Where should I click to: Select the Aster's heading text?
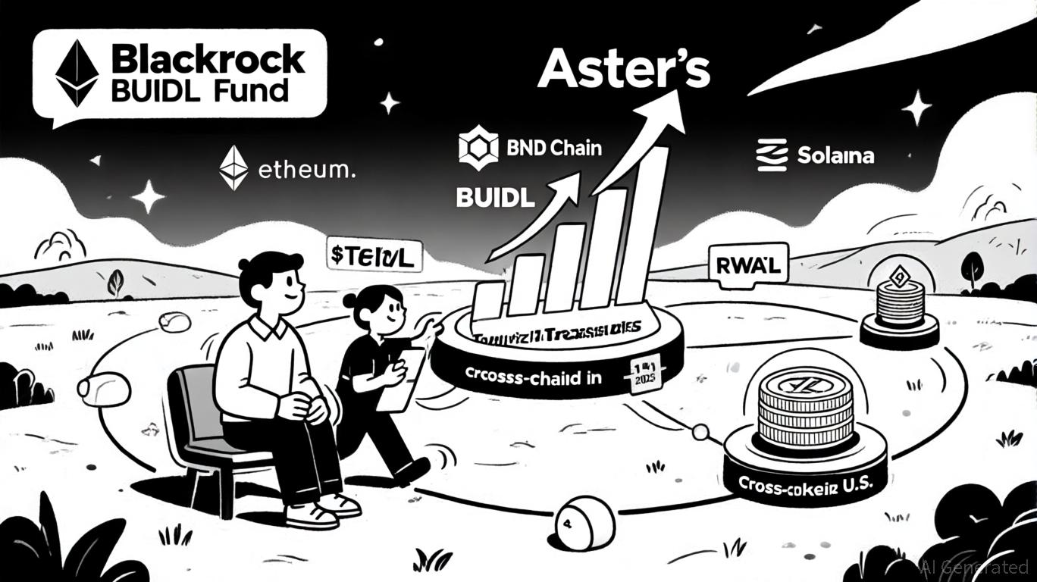[x=623, y=72]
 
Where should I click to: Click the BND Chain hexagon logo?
[x=478, y=148]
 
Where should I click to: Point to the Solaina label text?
[x=835, y=156]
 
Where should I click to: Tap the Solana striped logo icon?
[x=772, y=155]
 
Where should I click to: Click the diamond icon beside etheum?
[x=233, y=167]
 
